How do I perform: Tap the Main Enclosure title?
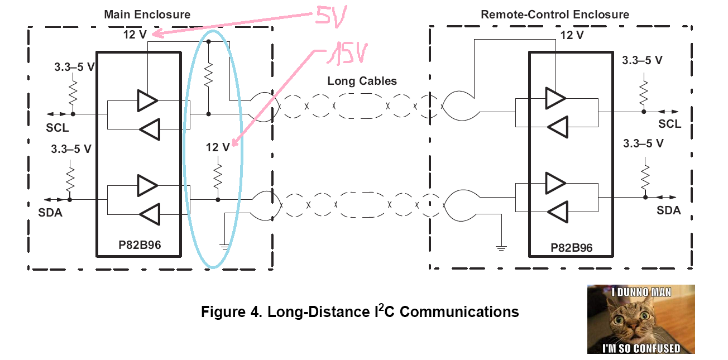click(x=147, y=15)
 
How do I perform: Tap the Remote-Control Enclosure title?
click(x=554, y=15)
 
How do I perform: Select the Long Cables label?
click(x=362, y=81)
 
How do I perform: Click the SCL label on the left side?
click(x=58, y=128)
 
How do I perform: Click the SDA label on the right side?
click(x=668, y=210)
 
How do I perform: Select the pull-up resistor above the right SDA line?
click(x=645, y=175)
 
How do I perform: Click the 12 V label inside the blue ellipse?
click(x=218, y=147)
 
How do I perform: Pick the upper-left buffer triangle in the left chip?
click(x=147, y=100)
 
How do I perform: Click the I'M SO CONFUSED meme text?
click(x=640, y=348)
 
